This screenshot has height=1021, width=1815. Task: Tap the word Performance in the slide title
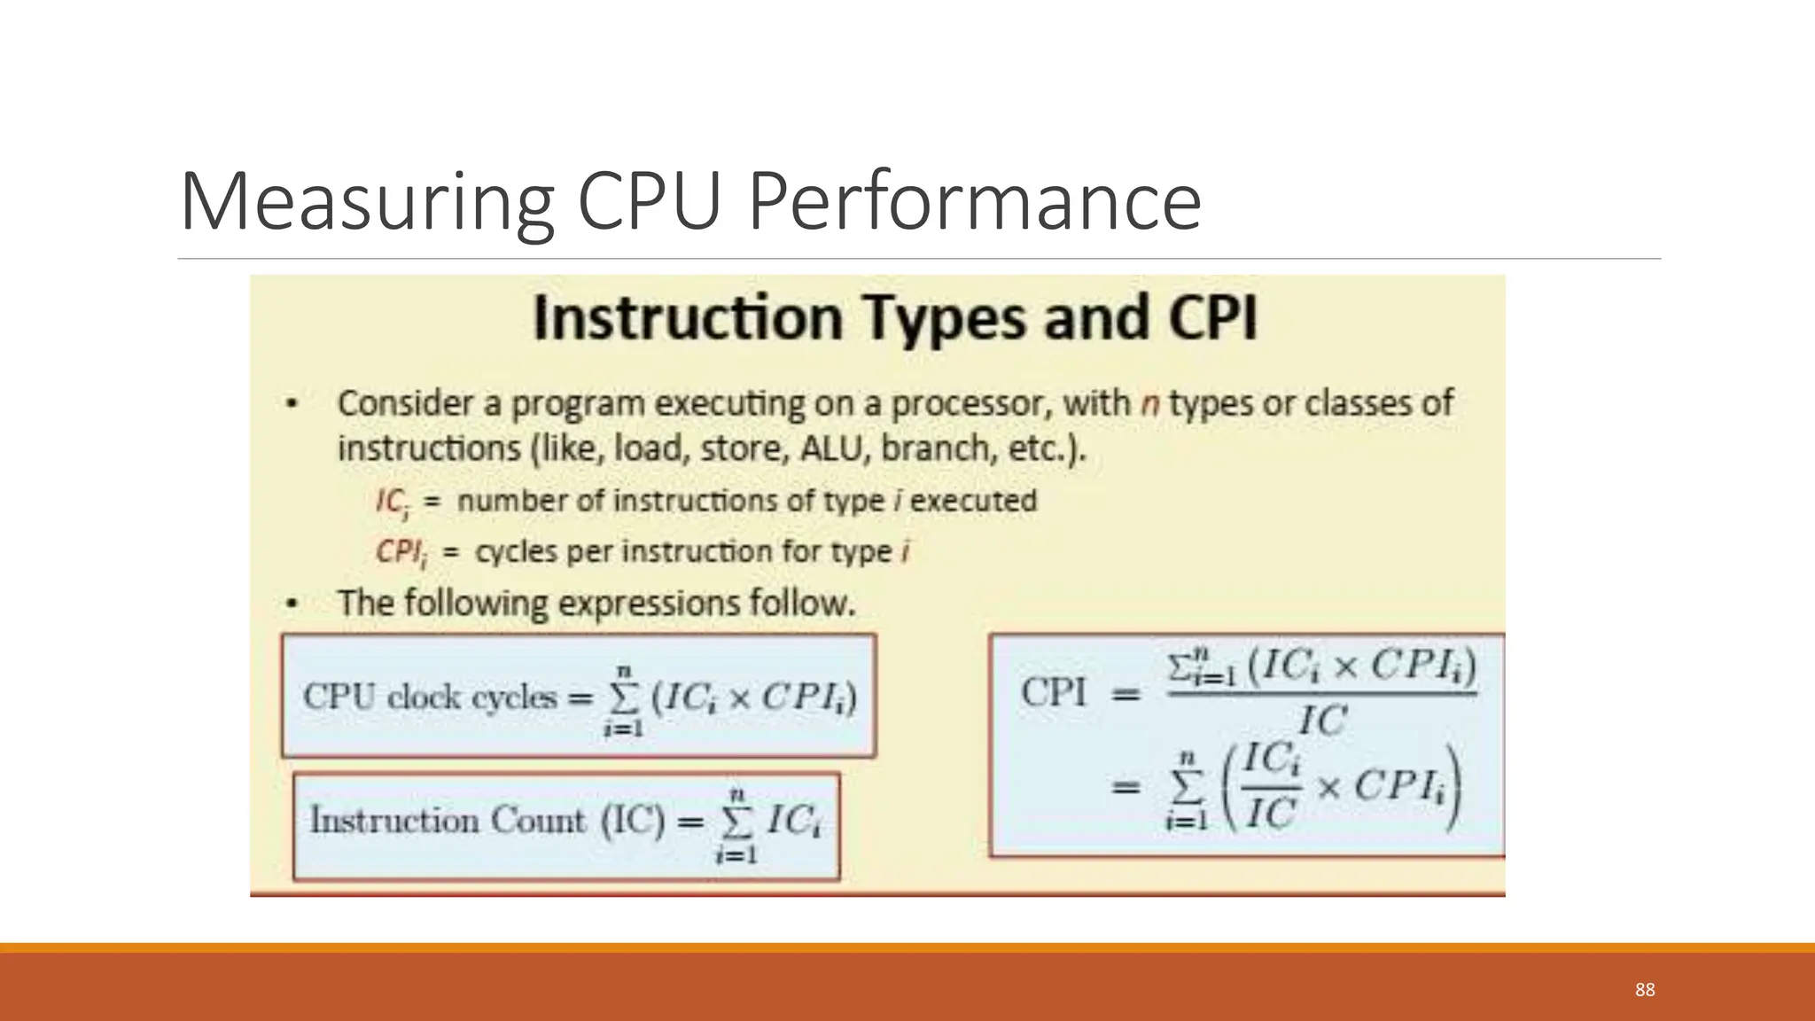point(974,202)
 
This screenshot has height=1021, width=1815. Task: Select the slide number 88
point(1645,990)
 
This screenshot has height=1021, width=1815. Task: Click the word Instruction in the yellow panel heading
point(688,318)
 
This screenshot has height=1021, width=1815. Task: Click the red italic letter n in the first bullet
point(1149,404)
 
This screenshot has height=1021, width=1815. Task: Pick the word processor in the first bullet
point(971,404)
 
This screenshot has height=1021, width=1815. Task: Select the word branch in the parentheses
point(939,448)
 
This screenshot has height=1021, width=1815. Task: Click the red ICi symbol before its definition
point(392,503)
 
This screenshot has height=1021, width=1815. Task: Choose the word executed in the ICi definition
point(973,501)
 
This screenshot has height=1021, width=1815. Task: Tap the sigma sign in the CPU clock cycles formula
point(624,699)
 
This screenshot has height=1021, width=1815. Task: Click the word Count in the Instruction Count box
point(538,821)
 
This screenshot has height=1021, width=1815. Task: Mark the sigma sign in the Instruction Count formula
point(736,823)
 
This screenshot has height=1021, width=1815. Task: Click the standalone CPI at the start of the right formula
point(1054,692)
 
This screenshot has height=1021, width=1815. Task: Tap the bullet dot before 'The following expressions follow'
point(292,604)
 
